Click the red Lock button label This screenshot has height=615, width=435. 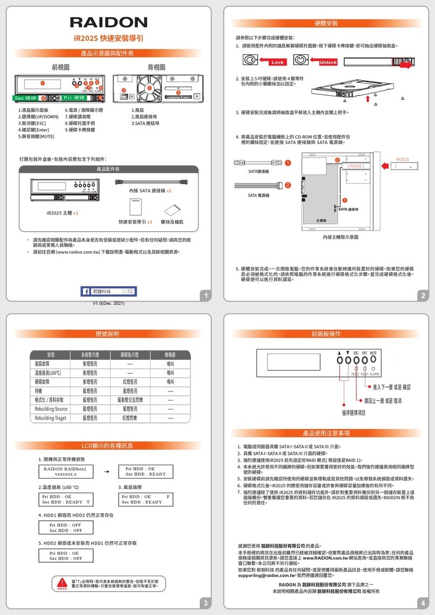[x=278, y=62]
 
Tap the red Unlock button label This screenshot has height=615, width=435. [x=328, y=62]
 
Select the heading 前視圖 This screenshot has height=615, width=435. [x=61, y=66]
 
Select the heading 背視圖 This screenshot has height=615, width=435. [x=156, y=66]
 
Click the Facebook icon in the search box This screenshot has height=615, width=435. [x=86, y=291]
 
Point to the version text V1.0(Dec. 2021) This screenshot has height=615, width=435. [x=108, y=304]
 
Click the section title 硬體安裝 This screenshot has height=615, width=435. [x=326, y=24]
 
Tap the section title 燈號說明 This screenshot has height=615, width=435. [x=108, y=334]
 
